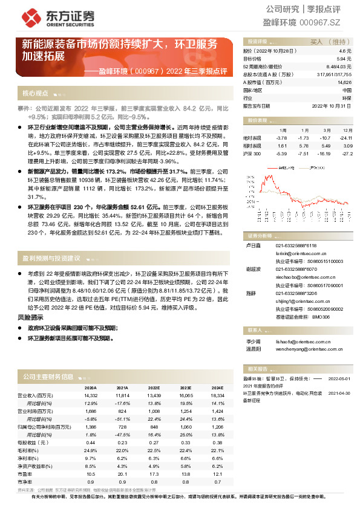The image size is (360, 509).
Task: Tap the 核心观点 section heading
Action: pyautogui.click(x=35, y=94)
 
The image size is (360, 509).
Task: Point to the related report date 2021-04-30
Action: pyautogui.click(x=339, y=393)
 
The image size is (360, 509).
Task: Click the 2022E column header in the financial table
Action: pyautogui.click(x=154, y=387)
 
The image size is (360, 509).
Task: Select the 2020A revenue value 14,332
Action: pyautogui.click(x=90, y=395)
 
